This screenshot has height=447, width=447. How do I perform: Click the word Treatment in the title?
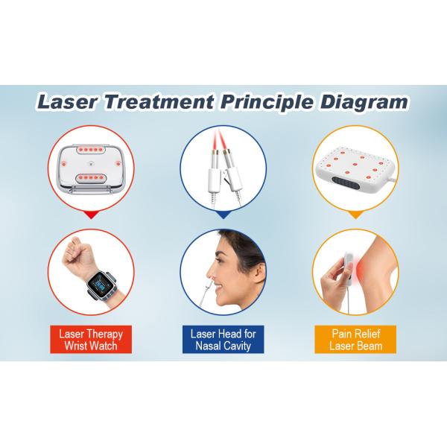159,102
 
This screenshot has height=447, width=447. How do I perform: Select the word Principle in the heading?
267,103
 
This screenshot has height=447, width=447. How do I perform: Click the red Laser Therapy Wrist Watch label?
91,340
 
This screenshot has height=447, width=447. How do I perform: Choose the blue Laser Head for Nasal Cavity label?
223,340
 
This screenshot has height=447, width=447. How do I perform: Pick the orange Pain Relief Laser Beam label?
355,340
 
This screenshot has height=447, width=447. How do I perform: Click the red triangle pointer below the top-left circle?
91,215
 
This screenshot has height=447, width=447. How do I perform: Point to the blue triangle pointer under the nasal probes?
223,215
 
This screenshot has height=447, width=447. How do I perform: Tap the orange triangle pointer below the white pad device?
355,215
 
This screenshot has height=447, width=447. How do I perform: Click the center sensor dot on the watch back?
91,164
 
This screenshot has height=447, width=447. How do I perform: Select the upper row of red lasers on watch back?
91,149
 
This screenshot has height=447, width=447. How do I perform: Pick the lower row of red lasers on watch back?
91,178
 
